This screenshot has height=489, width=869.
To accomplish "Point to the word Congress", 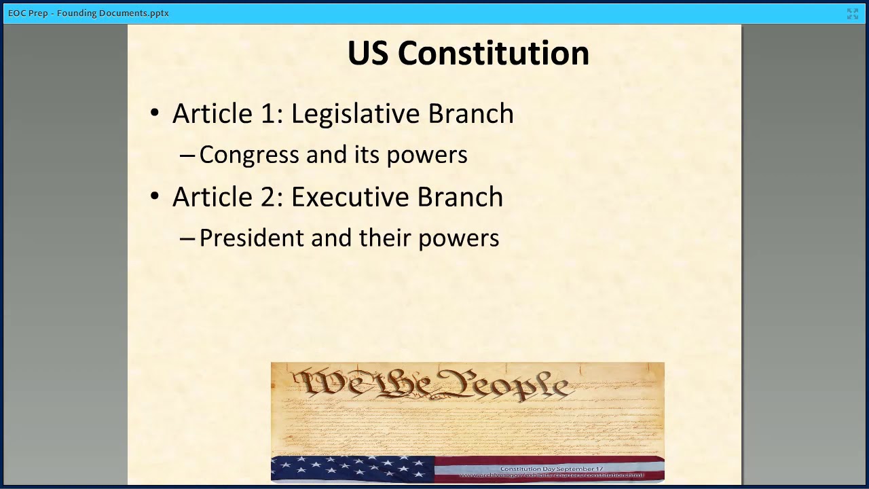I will coord(249,155).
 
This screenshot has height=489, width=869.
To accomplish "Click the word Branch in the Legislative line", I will coord(470,113).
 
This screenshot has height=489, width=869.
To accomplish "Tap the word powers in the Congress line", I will coord(427,156).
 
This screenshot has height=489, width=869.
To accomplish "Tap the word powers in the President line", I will coord(458,239).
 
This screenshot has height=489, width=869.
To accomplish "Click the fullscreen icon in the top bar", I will coord(853,14).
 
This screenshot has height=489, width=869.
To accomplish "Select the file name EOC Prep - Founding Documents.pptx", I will coord(88,13).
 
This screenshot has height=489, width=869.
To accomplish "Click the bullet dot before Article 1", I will coord(155,113).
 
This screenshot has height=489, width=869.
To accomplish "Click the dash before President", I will coord(187,238).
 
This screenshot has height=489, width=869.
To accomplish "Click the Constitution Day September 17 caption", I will coord(551,469).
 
